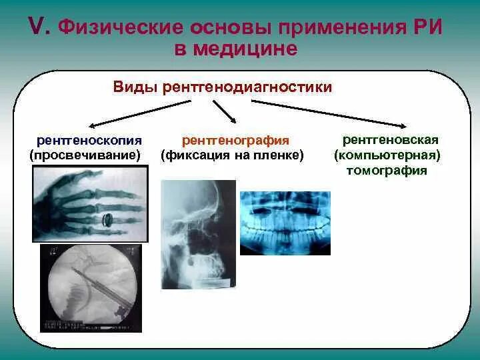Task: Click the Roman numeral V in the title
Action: tap(37, 27)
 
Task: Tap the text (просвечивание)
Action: tap(85, 155)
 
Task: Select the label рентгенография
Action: tap(235, 141)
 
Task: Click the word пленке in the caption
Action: tap(282, 155)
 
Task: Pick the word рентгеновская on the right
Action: tap(390, 141)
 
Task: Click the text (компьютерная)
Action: tap(387, 155)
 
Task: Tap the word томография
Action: tap(386, 170)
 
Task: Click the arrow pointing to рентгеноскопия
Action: tap(140, 113)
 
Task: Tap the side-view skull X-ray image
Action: tap(198, 233)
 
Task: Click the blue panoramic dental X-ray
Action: tap(285, 223)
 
